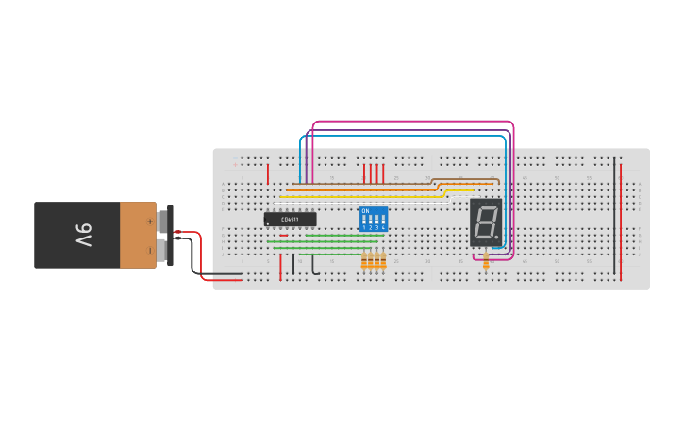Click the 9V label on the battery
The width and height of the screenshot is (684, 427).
[x=82, y=235]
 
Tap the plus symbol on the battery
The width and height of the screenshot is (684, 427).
[x=149, y=222]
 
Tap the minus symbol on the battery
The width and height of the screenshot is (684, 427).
[x=149, y=250]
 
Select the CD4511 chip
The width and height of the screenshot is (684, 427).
[x=290, y=219]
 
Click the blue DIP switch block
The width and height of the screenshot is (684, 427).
[x=374, y=220]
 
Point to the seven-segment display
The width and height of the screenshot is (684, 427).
[x=485, y=222]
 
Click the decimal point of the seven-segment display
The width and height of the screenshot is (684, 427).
[x=497, y=237]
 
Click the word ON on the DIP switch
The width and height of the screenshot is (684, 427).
[x=365, y=211]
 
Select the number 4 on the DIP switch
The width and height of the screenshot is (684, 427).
[x=383, y=228]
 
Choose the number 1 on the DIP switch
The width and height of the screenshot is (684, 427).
[x=364, y=228]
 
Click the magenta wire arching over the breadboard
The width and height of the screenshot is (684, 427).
[x=415, y=122]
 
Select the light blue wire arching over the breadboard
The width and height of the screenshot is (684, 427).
[x=406, y=137]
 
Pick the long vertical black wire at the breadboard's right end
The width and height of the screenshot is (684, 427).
[x=614, y=217]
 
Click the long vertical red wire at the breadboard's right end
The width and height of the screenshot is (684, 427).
[x=622, y=217]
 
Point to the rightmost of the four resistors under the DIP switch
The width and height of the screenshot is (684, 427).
[x=383, y=261]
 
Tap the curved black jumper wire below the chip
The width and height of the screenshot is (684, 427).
[x=314, y=265]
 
